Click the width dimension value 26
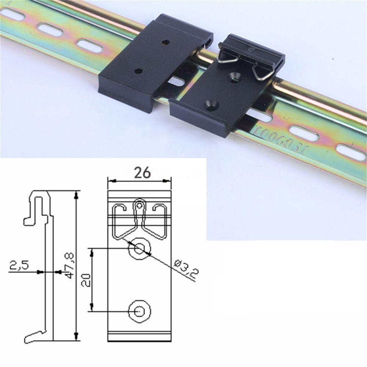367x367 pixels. [142, 172]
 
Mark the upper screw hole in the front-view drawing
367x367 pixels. [139, 248]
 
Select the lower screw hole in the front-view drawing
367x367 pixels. [139, 311]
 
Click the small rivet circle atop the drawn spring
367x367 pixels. [139, 206]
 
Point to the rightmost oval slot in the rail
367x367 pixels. [351, 152]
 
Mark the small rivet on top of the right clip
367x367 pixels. [251, 49]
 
